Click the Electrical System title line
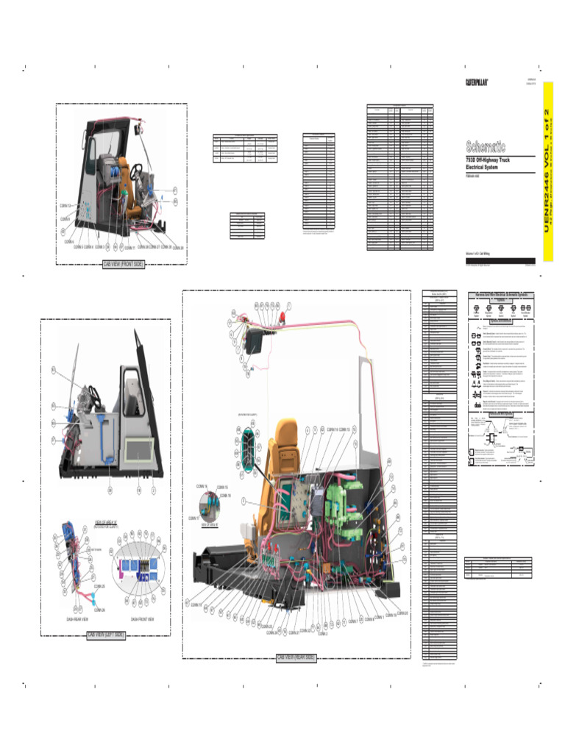[482, 167]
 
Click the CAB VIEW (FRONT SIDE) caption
[123, 264]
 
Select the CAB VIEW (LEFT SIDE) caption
[106, 635]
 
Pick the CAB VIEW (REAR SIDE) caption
[296, 657]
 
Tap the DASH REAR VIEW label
[77, 619]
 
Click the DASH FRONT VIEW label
[142, 619]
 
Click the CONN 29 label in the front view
[177, 247]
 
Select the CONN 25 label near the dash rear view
[99, 586]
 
